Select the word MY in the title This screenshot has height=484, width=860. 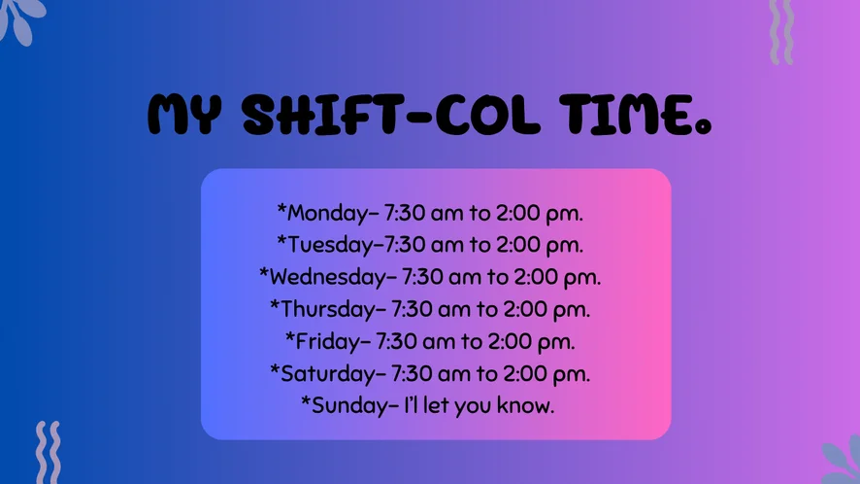point(184,115)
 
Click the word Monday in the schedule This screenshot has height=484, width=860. point(327,213)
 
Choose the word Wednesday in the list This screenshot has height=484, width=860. point(328,277)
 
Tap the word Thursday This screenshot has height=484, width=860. point(328,309)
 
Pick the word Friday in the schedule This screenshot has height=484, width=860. point(328,342)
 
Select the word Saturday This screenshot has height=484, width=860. point(328,373)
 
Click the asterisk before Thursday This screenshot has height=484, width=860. point(275,304)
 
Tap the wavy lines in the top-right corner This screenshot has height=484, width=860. point(781,32)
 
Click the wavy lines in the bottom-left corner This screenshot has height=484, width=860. point(49,453)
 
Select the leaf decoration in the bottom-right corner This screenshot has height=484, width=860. point(842,461)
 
